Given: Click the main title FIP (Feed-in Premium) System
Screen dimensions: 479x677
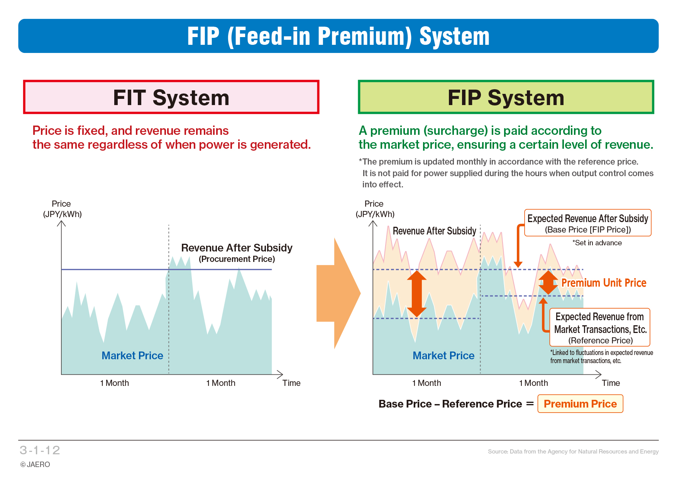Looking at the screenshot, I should click(338, 36).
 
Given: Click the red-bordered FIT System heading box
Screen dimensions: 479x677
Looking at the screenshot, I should click(171, 97).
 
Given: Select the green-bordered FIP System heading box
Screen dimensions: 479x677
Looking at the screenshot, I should click(506, 97).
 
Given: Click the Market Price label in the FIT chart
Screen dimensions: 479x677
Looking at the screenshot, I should click(132, 355).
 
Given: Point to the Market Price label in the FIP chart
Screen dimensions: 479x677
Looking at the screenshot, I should click(443, 355).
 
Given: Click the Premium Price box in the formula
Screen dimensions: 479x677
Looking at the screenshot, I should click(580, 404).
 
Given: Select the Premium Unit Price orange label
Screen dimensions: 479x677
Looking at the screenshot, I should click(604, 283).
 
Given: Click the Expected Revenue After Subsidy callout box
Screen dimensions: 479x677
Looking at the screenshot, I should click(587, 223).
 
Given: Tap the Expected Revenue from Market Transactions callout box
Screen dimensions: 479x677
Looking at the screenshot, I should click(600, 328).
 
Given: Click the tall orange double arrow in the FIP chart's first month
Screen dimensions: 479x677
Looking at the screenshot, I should click(417, 294).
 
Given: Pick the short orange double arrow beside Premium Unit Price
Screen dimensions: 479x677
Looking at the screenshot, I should click(548, 282).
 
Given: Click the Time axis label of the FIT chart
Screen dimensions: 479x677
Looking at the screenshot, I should click(291, 383).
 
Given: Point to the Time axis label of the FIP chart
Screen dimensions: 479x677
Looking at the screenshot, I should click(611, 383).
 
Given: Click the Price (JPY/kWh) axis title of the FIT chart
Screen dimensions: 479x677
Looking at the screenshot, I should click(62, 209).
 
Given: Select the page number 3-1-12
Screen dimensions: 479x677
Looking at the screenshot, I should click(40, 450).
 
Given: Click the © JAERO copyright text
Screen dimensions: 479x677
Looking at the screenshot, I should click(35, 464).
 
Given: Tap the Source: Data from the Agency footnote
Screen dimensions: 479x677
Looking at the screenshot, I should click(573, 451).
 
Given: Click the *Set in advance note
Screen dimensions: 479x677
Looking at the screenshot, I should click(597, 243).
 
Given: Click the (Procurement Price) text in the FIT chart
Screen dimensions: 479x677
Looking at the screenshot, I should click(237, 259).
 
